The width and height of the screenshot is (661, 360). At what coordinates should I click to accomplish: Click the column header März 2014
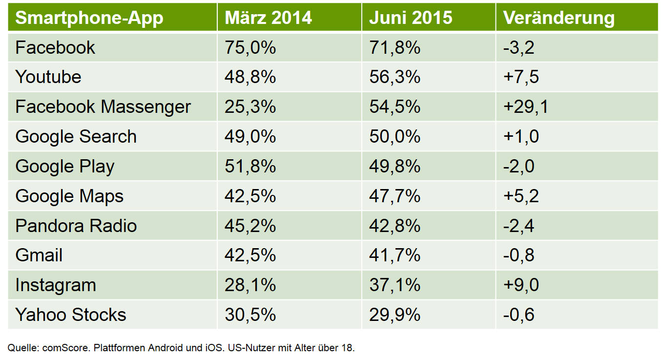[x=268, y=18]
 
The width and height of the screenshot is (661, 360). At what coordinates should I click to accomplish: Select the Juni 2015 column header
[x=411, y=18]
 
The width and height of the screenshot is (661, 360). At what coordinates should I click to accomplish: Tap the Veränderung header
[x=558, y=18]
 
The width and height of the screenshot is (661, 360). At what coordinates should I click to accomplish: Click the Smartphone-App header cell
[x=89, y=18]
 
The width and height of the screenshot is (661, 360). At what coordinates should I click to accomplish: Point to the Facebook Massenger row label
[x=103, y=106]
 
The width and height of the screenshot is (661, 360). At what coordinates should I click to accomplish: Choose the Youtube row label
[x=48, y=77]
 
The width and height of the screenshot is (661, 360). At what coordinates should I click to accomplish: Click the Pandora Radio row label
[x=76, y=226]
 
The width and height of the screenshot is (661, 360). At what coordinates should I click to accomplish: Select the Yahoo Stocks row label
[x=71, y=315]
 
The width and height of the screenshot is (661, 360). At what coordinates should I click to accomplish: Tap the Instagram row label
[x=56, y=285]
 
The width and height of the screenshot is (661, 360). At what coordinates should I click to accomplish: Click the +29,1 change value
[x=526, y=106]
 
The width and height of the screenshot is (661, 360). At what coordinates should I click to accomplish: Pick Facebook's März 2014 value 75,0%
[x=250, y=47]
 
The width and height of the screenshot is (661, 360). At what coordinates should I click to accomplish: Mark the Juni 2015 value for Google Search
[x=394, y=136]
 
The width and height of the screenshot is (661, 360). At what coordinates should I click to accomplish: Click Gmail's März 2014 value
[x=250, y=255]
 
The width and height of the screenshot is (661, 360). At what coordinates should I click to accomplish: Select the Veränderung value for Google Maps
[x=521, y=196]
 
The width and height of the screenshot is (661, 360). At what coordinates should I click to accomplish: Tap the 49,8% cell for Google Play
[x=394, y=166]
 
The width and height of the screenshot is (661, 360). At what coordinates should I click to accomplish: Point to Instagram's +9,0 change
[x=521, y=285]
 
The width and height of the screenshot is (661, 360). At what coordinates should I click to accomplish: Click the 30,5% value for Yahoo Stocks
[x=250, y=315]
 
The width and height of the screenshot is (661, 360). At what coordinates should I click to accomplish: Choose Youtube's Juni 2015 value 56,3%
[x=394, y=77]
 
